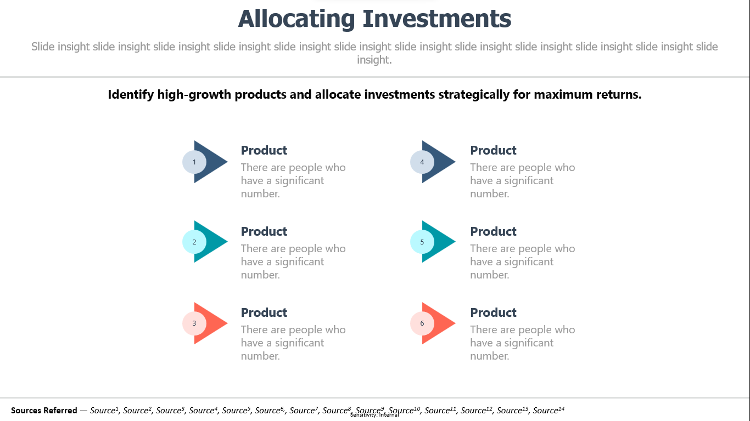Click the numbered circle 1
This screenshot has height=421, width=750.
(x=194, y=162)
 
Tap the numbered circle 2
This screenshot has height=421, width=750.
(x=194, y=242)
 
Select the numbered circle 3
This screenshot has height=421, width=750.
(x=194, y=323)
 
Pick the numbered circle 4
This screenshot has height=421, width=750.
(x=422, y=162)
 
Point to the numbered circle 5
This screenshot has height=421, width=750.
(x=422, y=242)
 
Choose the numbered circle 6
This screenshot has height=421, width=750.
(x=422, y=323)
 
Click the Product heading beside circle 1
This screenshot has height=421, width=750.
(x=264, y=151)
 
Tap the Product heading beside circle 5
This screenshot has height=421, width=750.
(x=493, y=231)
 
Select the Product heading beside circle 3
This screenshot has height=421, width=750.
(x=264, y=312)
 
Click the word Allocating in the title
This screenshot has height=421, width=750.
(x=296, y=19)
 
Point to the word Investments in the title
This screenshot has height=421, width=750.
(x=437, y=19)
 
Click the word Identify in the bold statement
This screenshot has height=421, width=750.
(x=131, y=95)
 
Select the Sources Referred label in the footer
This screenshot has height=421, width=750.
(x=44, y=410)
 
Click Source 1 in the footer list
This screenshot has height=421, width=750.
(x=104, y=410)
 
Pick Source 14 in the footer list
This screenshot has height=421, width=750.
(x=548, y=410)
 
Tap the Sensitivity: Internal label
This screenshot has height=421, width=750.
(x=374, y=415)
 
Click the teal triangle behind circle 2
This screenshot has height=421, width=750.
(x=214, y=241)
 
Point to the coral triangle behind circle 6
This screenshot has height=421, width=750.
(x=441, y=323)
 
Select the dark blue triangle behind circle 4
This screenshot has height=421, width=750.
(x=441, y=162)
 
